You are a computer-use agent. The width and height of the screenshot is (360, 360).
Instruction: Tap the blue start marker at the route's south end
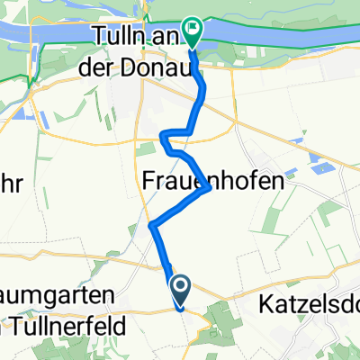click(180, 288)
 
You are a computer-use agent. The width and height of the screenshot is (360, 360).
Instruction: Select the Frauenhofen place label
click(206, 180)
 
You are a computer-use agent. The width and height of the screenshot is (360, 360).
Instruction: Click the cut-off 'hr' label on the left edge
click(13, 180)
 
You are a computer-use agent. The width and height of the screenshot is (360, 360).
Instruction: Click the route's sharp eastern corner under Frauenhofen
click(210, 189)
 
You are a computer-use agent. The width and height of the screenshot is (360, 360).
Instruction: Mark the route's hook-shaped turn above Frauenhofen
click(163, 136)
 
